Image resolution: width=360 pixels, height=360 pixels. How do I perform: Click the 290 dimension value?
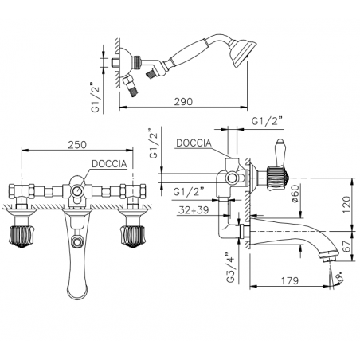click(183, 101)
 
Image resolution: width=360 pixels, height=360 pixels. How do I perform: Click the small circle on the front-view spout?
click(77, 240)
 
